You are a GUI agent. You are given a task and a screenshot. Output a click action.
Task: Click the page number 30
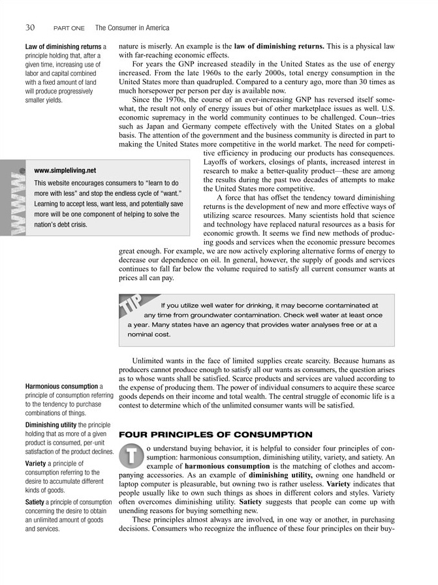(30, 27)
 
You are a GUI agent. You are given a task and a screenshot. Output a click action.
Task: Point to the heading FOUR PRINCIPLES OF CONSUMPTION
(206, 434)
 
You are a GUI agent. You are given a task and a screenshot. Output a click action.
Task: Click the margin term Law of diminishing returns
(63, 47)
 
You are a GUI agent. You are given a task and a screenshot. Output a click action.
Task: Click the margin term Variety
(39, 463)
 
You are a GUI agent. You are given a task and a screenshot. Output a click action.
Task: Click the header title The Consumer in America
(132, 28)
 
